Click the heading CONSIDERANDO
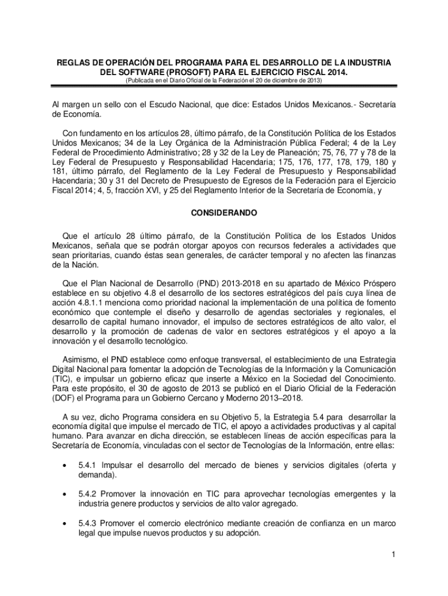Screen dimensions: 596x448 (x=224, y=214)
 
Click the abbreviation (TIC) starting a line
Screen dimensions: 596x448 (x=62, y=379)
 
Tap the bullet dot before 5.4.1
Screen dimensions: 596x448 (x=62, y=466)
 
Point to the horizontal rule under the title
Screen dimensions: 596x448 (x=224, y=86)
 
